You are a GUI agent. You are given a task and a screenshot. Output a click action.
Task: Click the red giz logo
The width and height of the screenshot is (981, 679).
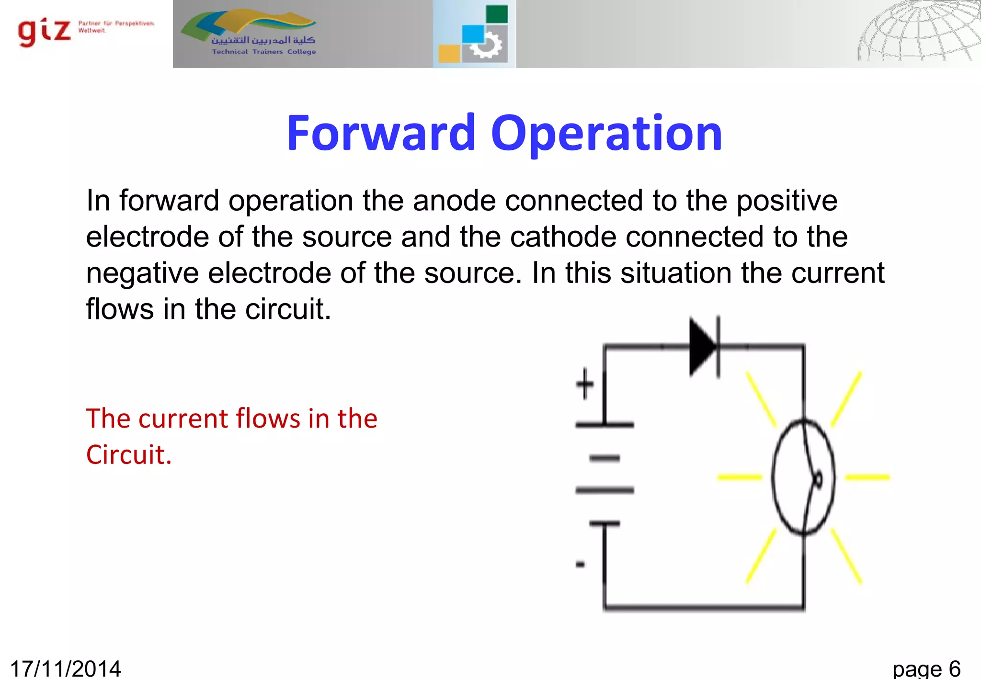(x=44, y=32)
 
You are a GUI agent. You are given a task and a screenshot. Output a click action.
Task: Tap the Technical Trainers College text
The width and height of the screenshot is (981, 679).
(x=264, y=52)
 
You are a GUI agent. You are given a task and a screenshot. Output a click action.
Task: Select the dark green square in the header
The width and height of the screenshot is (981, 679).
(x=497, y=14)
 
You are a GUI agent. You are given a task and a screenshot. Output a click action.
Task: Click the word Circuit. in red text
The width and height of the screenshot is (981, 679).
(x=128, y=454)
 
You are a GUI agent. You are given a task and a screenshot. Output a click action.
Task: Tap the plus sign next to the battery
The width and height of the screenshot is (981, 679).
(x=585, y=384)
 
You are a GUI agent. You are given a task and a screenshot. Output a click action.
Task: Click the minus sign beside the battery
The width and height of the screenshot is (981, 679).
(x=580, y=565)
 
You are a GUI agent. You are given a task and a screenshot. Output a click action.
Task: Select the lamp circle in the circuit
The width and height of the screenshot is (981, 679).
(x=803, y=477)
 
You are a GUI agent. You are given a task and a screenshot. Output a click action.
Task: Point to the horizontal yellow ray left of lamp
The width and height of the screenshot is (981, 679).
(x=739, y=477)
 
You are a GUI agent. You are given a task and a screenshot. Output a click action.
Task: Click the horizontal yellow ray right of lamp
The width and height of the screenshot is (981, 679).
(x=867, y=477)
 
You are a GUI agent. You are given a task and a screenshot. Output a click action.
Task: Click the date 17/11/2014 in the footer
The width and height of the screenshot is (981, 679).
(x=66, y=668)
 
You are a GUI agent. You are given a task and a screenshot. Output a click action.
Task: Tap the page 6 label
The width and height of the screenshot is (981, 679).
(x=926, y=668)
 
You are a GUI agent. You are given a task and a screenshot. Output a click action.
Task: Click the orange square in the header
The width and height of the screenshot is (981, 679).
(x=449, y=53)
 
